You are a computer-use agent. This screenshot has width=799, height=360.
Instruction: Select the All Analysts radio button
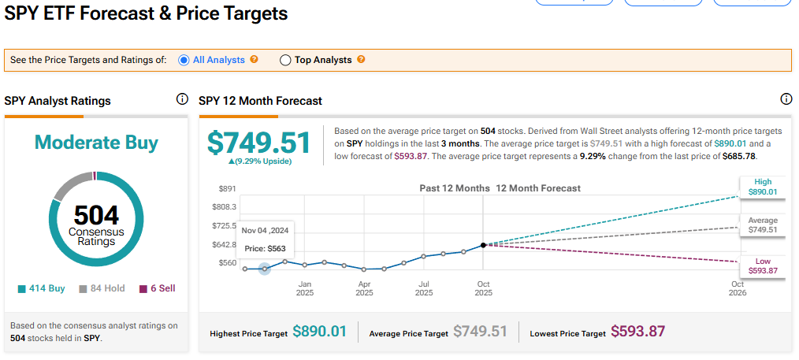coord(184,60)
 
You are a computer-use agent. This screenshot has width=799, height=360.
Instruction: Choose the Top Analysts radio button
coord(286,60)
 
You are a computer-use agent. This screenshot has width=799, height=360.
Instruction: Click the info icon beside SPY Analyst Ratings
coord(182,99)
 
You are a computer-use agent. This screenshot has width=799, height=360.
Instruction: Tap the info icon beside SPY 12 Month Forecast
coord(786,99)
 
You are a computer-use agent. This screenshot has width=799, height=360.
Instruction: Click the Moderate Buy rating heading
coord(96,143)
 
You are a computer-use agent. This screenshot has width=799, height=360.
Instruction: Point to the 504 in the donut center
coord(96,214)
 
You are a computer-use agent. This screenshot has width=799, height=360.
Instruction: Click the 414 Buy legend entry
coord(42,288)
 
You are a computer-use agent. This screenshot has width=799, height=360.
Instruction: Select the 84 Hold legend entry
coord(102,288)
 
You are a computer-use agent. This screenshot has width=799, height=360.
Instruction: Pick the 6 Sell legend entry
coord(158,288)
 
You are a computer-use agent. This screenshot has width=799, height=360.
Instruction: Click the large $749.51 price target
coord(259,143)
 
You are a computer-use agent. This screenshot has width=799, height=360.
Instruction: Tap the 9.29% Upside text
coord(260,161)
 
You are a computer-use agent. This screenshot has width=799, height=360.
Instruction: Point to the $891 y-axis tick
coord(227,188)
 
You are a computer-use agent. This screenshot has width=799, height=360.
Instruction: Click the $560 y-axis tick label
coord(227,263)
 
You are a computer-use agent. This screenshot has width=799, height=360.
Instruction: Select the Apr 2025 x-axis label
coord(364,288)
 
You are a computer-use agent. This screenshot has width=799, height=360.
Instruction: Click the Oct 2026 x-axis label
coord(738,288)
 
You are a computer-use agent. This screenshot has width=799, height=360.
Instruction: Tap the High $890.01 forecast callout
coord(763,187)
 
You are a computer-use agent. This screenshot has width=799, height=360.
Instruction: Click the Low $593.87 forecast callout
coord(763,266)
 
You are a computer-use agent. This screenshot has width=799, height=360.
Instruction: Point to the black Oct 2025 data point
coord(483,245)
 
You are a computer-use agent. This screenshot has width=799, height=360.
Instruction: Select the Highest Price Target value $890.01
coord(319,332)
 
